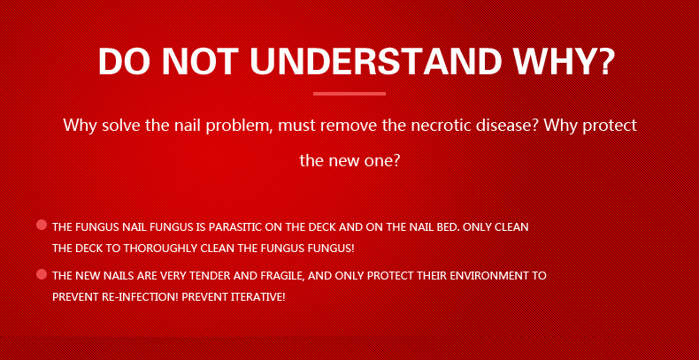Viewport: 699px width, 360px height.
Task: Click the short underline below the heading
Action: click(x=349, y=93)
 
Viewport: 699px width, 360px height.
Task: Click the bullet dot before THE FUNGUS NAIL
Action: click(x=42, y=225)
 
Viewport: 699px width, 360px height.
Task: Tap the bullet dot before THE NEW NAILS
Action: click(x=42, y=274)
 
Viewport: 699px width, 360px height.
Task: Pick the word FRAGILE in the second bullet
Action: click(x=277, y=276)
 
